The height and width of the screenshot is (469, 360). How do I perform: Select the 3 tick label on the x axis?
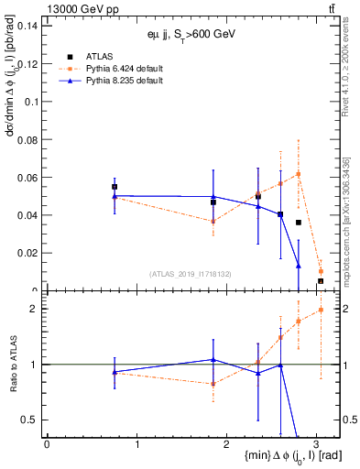click(x=316, y=444)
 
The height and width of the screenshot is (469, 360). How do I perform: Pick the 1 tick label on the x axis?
click(x=136, y=444)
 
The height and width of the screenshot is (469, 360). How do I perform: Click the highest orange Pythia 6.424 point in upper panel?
click(x=299, y=173)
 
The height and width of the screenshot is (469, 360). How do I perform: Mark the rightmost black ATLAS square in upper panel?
click(x=321, y=281)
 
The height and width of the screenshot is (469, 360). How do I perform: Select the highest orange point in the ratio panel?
click(x=321, y=310)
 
